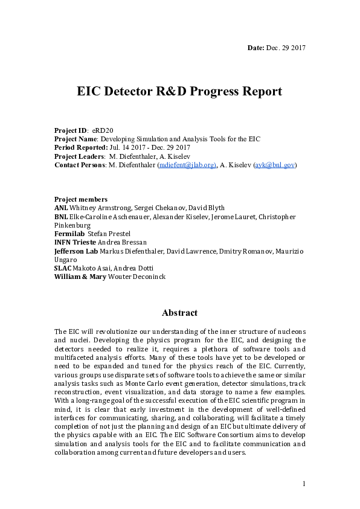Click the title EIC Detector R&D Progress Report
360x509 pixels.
click(x=179, y=92)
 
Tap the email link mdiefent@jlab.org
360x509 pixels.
click(x=187, y=165)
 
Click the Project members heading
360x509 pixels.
click(x=81, y=199)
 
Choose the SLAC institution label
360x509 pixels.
click(x=63, y=268)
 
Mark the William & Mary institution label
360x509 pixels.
click(x=80, y=277)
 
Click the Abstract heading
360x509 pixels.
click(x=179, y=313)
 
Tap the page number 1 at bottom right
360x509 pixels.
click(x=304, y=484)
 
